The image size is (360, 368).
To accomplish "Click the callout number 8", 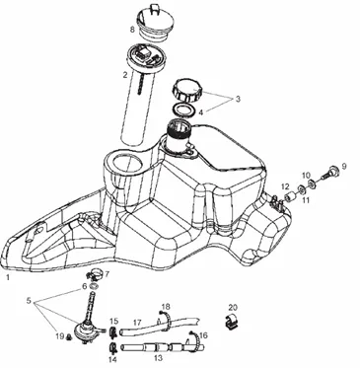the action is pos(132,30).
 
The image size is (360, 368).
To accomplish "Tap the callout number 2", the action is pos(125,75).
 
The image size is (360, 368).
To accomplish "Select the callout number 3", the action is pos(238,99).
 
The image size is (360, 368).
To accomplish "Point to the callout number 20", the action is pos(233,308).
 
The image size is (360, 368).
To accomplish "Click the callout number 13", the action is pos(158,358).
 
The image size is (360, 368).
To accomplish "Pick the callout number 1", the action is pos(8,277).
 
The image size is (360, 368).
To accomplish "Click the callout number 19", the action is pos(59,335).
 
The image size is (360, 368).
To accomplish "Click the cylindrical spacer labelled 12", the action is pos(289,197).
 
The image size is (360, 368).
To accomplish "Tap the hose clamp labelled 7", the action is pos(96,274).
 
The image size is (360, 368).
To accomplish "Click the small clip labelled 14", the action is pos(112,347).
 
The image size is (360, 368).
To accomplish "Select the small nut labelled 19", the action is pos(69,336).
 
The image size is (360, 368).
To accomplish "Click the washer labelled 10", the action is pos(311,184).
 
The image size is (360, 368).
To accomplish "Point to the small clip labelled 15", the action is pos(113,332).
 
